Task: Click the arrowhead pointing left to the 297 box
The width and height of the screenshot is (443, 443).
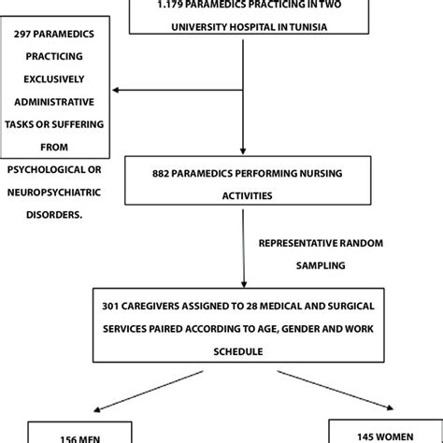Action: point(116,91)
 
